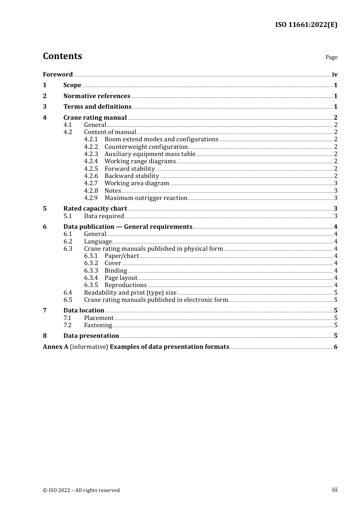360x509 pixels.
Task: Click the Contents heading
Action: [x=62, y=56]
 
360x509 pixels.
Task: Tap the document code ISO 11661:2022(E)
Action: [x=306, y=25]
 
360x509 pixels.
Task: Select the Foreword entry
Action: [x=58, y=75]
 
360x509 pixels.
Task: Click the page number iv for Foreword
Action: [x=335, y=75]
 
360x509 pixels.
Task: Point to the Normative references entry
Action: [x=97, y=96]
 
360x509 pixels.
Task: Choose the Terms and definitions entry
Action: [x=97, y=107]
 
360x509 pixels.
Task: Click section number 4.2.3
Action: [x=91, y=154]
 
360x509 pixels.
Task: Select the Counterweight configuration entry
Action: [x=146, y=147]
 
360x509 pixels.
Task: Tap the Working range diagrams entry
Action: [x=140, y=161]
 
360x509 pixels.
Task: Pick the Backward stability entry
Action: [x=131, y=176]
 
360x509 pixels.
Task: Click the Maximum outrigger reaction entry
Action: [x=146, y=198]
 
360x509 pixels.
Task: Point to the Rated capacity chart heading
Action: [x=95, y=209]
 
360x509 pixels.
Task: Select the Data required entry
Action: [x=104, y=216]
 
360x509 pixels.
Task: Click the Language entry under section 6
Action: [x=98, y=242]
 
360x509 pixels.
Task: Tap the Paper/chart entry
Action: [x=122, y=256]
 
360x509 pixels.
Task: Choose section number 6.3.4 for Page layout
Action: [x=91, y=278]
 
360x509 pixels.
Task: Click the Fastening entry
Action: [x=98, y=325]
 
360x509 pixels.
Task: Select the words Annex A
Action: [x=55, y=347]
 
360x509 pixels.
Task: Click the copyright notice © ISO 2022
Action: [x=81, y=490]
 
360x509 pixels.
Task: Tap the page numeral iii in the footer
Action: [x=335, y=490]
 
